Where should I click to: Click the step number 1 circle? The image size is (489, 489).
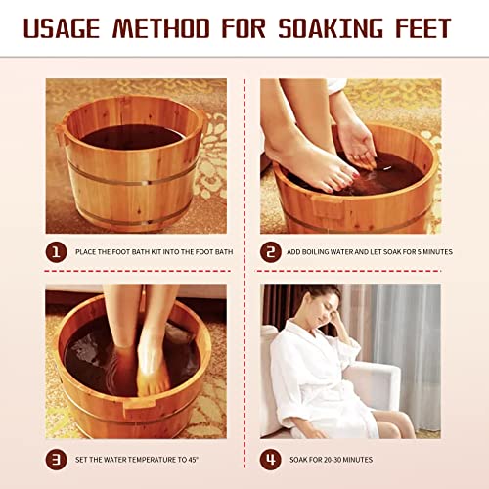click(58, 252)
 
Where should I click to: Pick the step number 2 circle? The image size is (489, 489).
click(272, 252)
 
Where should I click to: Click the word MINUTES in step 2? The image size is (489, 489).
click(435, 252)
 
